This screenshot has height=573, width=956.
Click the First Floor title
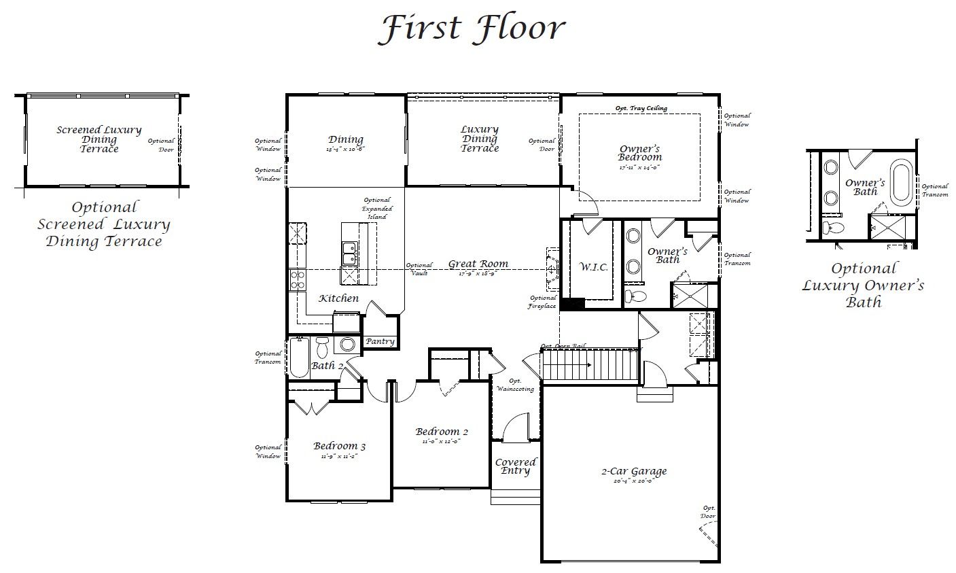472,29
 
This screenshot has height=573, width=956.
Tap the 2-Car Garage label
633,472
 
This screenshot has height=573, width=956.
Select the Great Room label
478,264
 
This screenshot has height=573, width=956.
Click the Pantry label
380,341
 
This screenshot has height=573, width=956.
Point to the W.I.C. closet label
593,267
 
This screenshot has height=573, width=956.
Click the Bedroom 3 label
339,447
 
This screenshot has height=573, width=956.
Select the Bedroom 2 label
442,432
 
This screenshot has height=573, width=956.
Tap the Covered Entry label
515,466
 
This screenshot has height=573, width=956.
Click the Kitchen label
338,298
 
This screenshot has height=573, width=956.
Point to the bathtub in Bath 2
300,358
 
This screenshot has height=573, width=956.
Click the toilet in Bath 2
323,347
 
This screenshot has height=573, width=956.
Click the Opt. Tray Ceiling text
641,108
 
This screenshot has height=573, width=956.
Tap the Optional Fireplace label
543,302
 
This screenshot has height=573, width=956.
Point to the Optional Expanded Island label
376,208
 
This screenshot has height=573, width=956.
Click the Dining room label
346,141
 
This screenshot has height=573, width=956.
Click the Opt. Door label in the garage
708,512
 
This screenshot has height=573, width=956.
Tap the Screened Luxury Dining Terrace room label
99,139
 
